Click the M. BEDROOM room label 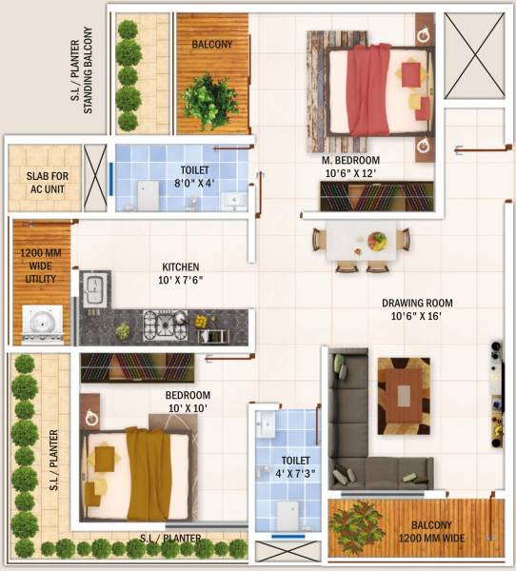coord(350,160)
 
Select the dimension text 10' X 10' coord(187,408)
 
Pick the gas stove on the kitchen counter coord(163,325)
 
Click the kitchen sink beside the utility coord(94,288)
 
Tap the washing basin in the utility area coord(41,325)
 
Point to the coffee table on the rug coord(403,395)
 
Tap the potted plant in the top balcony coord(211,98)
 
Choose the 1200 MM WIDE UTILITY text coord(41,267)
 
